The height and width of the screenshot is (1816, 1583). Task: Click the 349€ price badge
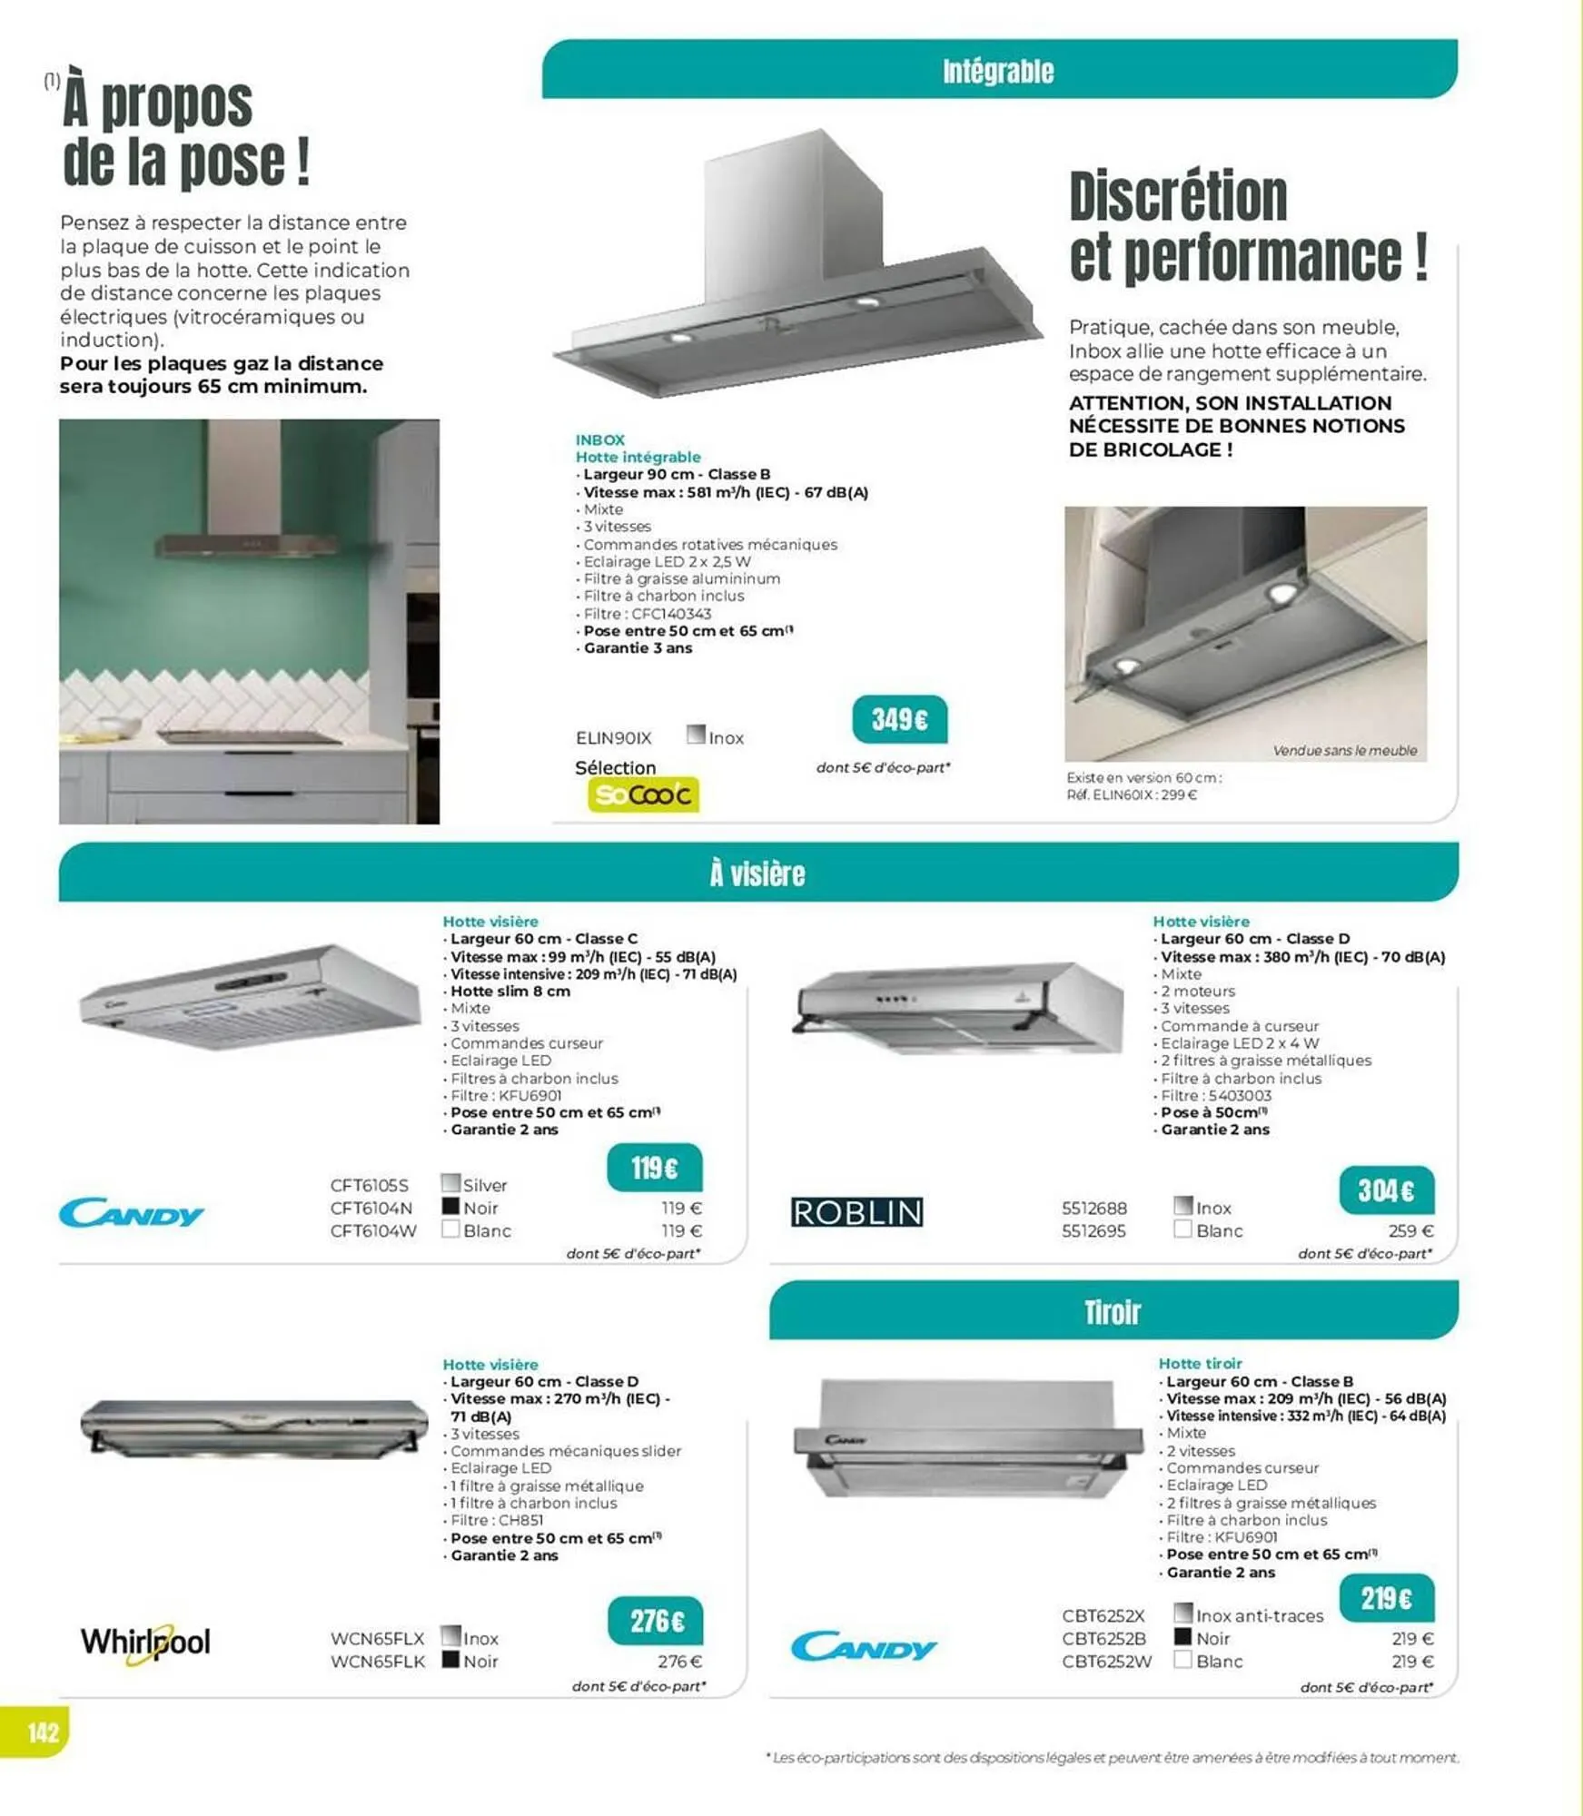899,720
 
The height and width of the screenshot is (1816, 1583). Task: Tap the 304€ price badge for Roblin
1386,1190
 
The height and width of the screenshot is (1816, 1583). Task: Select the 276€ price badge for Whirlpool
656,1621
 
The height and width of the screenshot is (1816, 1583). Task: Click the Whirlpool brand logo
145,1643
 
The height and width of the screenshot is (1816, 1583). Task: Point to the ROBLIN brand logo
856,1212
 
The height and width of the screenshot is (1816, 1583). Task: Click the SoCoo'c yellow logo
643,794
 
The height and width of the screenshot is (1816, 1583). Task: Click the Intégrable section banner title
998,71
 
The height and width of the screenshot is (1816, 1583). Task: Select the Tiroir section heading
1112,1312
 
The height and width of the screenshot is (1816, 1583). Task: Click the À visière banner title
757,873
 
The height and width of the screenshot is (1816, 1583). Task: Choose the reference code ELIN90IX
613,738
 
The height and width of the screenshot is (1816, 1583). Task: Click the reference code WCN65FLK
377,1662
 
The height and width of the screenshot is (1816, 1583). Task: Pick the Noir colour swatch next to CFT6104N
450,1207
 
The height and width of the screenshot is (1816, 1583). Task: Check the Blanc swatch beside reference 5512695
1182,1229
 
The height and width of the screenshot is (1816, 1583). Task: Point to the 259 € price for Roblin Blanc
1410,1231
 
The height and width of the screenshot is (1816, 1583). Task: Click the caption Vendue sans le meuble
1344,750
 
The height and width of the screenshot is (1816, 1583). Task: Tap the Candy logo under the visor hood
132,1214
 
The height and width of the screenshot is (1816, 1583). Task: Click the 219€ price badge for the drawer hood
1386,1598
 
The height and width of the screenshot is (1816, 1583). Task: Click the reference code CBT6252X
1103,1616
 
